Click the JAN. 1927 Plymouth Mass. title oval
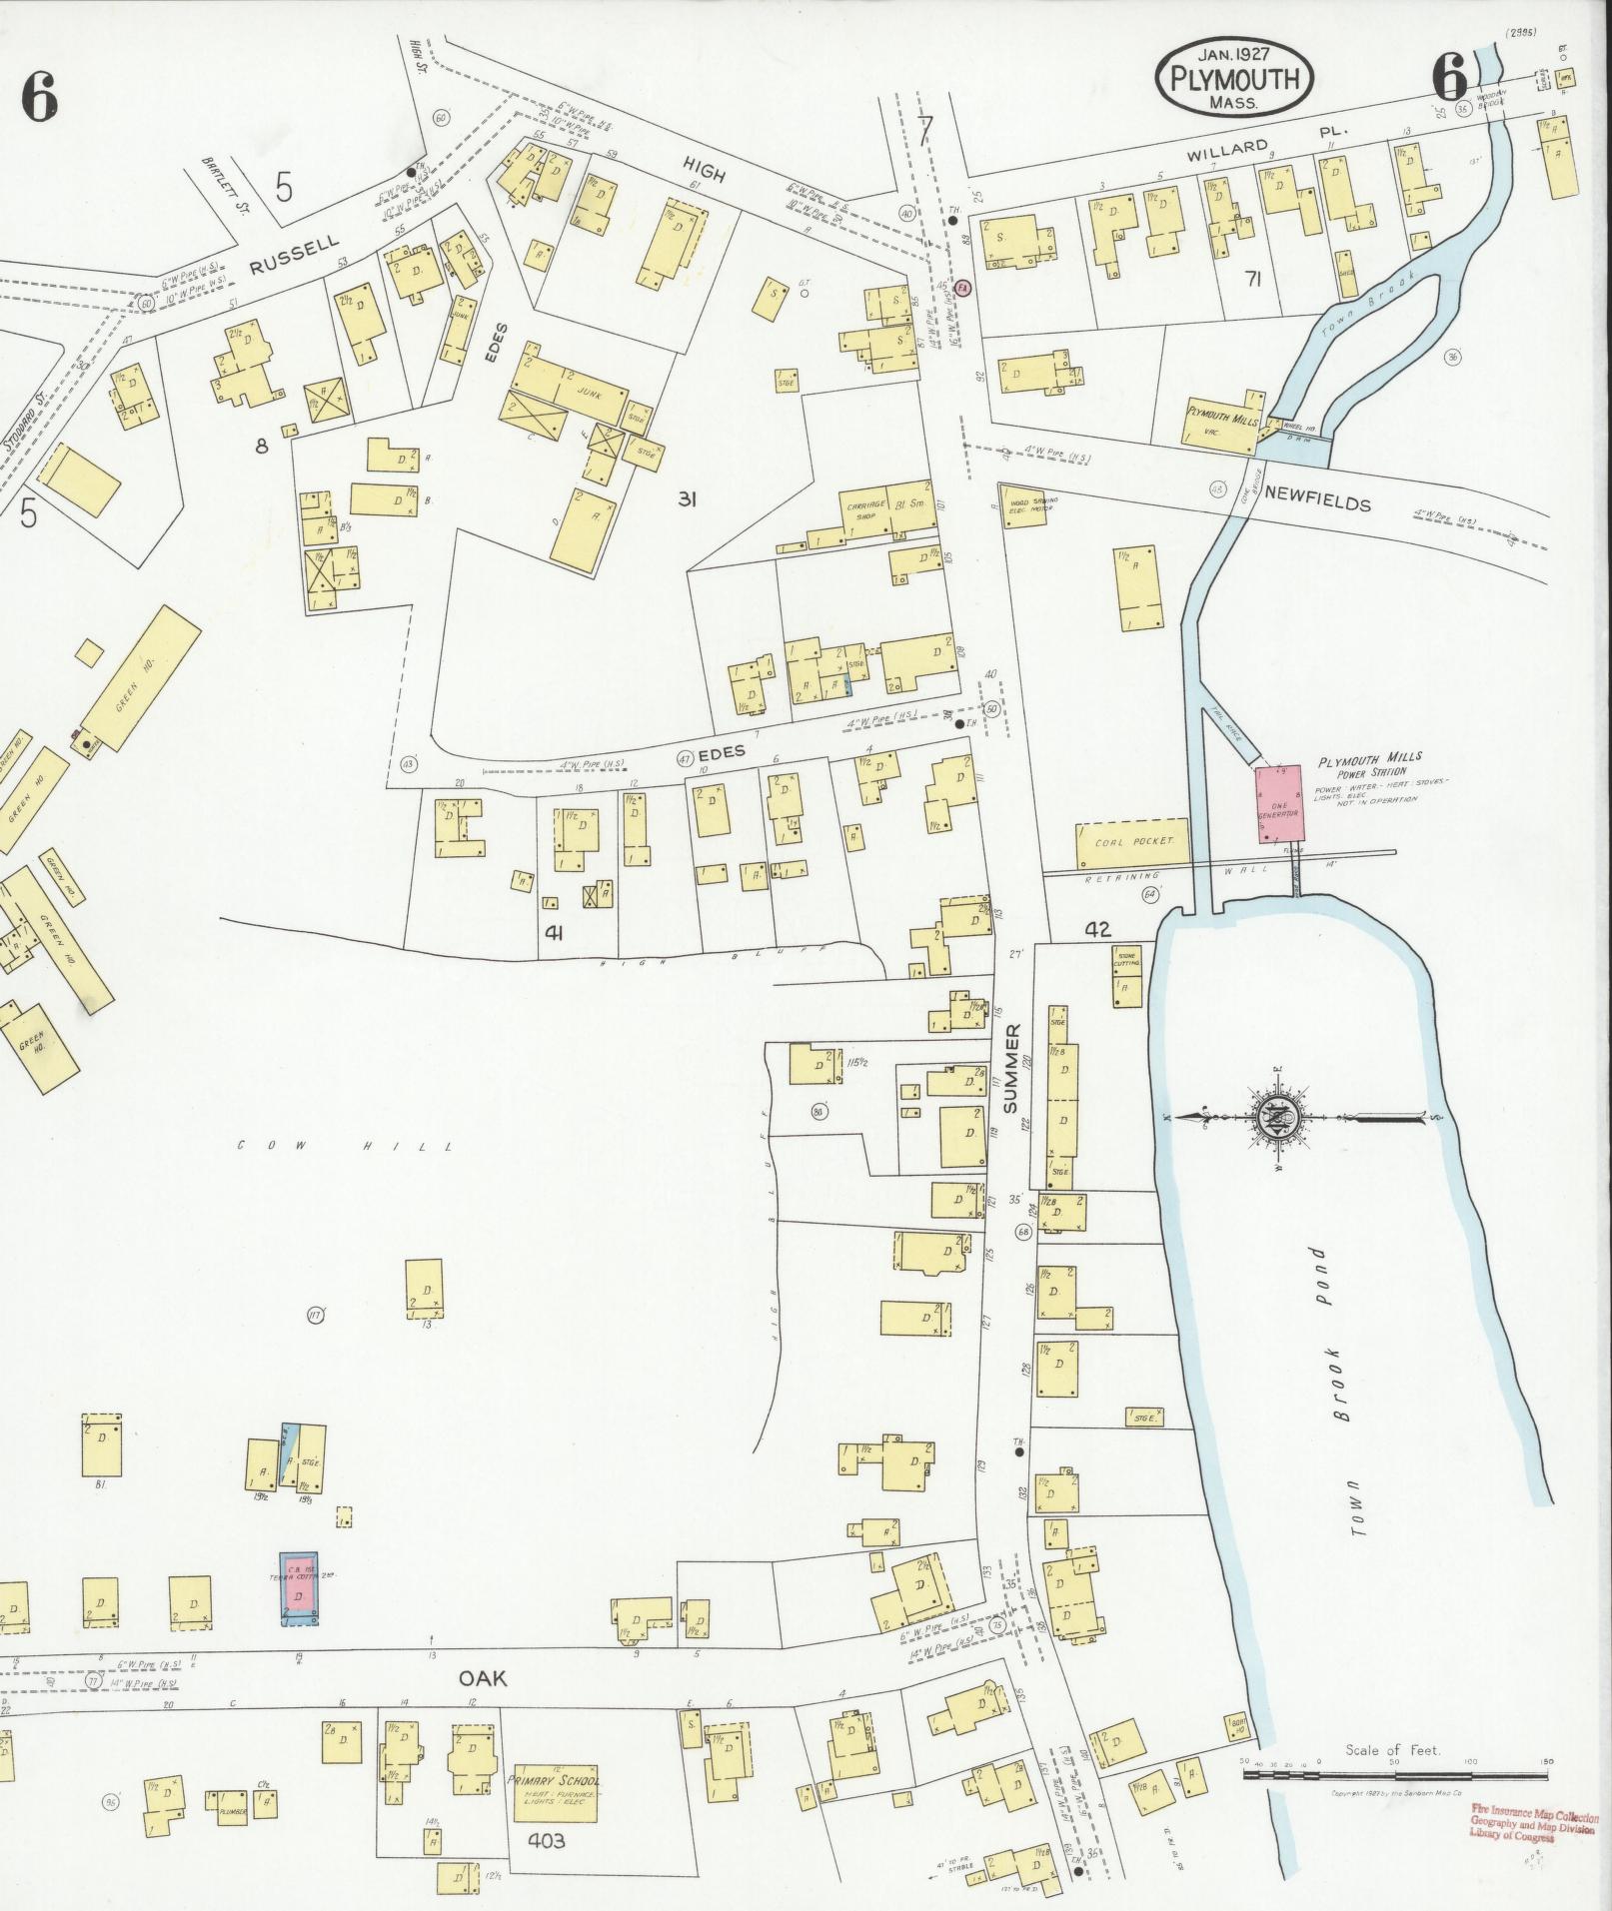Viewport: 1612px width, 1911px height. [x=1233, y=76]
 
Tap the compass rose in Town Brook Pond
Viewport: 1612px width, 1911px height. [x=1279, y=1116]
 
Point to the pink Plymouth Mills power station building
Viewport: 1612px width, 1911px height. [x=1278, y=802]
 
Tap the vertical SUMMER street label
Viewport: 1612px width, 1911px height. [x=1010, y=1068]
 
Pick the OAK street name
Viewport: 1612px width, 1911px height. [x=483, y=1679]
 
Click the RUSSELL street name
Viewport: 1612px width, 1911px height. [x=295, y=255]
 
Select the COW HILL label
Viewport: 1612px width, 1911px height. [x=344, y=1146]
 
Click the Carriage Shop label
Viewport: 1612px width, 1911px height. [x=865, y=510]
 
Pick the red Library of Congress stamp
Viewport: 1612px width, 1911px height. [x=1533, y=1820]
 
